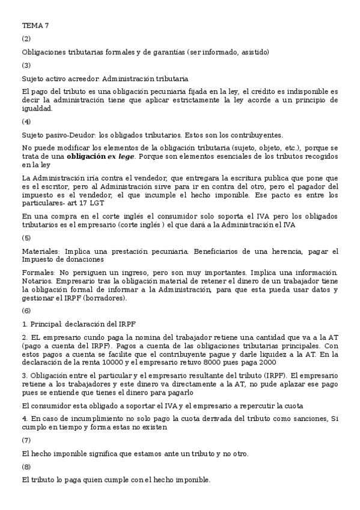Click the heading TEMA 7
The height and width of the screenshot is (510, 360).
35,25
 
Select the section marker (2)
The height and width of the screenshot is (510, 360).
26,38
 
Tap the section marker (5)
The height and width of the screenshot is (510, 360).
26,238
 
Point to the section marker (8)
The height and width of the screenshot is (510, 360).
26,467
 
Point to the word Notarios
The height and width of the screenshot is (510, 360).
36,281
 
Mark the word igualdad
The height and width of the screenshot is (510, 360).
37,109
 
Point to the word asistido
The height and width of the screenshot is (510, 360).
255,52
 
